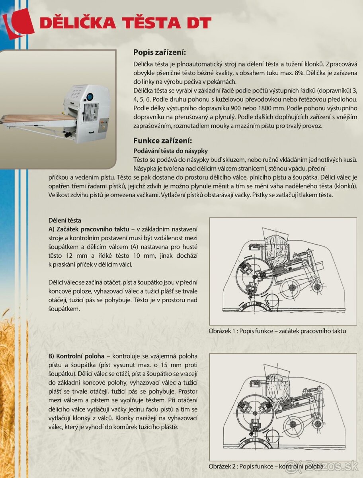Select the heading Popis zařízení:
click(160, 52)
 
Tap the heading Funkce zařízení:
click(163, 140)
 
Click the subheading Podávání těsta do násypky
click(170, 151)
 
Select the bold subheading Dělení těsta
click(64, 220)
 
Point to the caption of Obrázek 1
click(277, 331)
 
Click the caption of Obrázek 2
click(266, 466)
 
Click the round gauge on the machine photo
click(90, 96)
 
